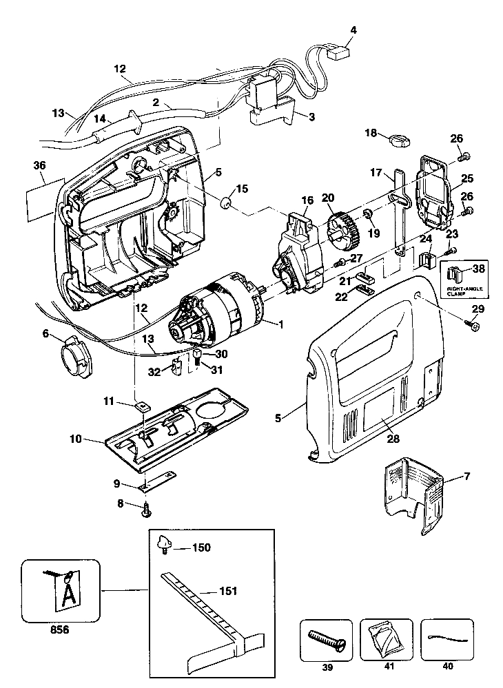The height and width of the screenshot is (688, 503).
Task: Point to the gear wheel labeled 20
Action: click(x=343, y=230)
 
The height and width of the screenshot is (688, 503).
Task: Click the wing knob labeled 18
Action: click(x=399, y=140)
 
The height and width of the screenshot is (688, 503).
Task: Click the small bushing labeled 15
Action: click(x=227, y=202)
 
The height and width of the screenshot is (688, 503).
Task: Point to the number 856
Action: click(x=59, y=629)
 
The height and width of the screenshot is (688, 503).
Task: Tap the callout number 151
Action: click(x=228, y=591)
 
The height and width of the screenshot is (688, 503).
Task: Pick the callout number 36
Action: click(x=39, y=165)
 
